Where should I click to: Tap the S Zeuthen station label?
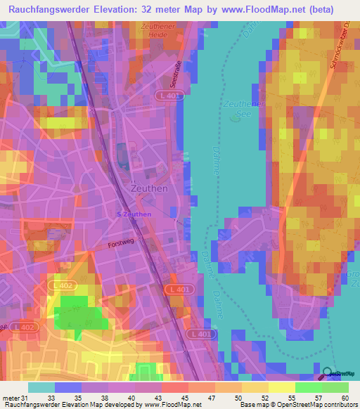click(134, 214)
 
